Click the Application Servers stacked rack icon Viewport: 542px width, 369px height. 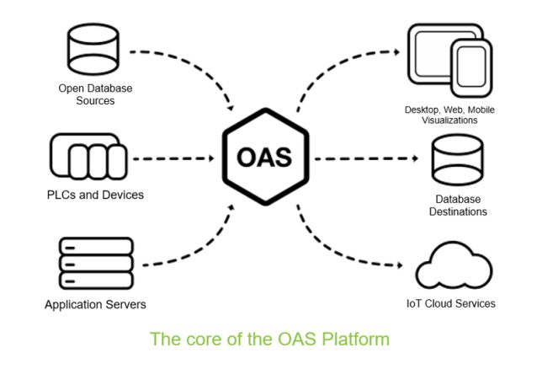pos(96,264)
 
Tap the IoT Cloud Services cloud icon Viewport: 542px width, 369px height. pos(454,264)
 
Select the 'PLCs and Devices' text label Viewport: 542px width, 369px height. pos(95,195)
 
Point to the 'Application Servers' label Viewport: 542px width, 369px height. pos(95,303)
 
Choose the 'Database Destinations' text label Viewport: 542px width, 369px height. pos(457,206)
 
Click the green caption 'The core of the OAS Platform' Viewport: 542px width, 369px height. pos(269,340)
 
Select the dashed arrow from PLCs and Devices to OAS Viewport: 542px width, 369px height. pos(173,158)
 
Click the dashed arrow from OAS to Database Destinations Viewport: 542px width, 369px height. pos(366,158)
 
